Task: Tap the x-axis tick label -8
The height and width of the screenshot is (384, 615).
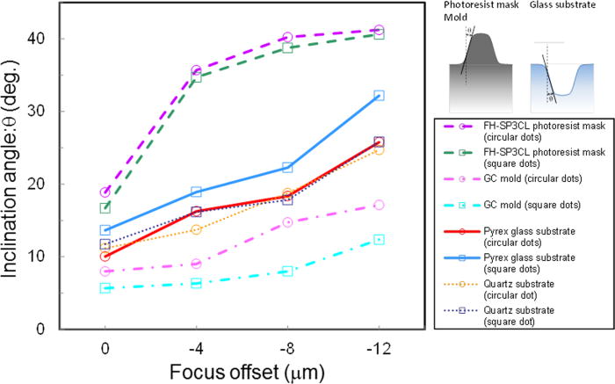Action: coord(287,345)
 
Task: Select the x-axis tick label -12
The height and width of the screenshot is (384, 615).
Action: coord(378,345)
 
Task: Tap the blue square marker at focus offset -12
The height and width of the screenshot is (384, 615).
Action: coord(379,96)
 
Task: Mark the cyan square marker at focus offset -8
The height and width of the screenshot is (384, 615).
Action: coord(287,272)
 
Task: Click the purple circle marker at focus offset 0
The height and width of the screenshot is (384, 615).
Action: coord(105,192)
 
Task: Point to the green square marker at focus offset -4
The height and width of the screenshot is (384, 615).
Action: coord(196,77)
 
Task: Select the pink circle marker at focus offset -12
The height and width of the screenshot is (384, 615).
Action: coord(379,205)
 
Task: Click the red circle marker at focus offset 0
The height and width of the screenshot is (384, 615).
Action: coord(105,257)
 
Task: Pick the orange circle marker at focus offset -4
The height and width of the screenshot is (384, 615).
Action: coord(196,229)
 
